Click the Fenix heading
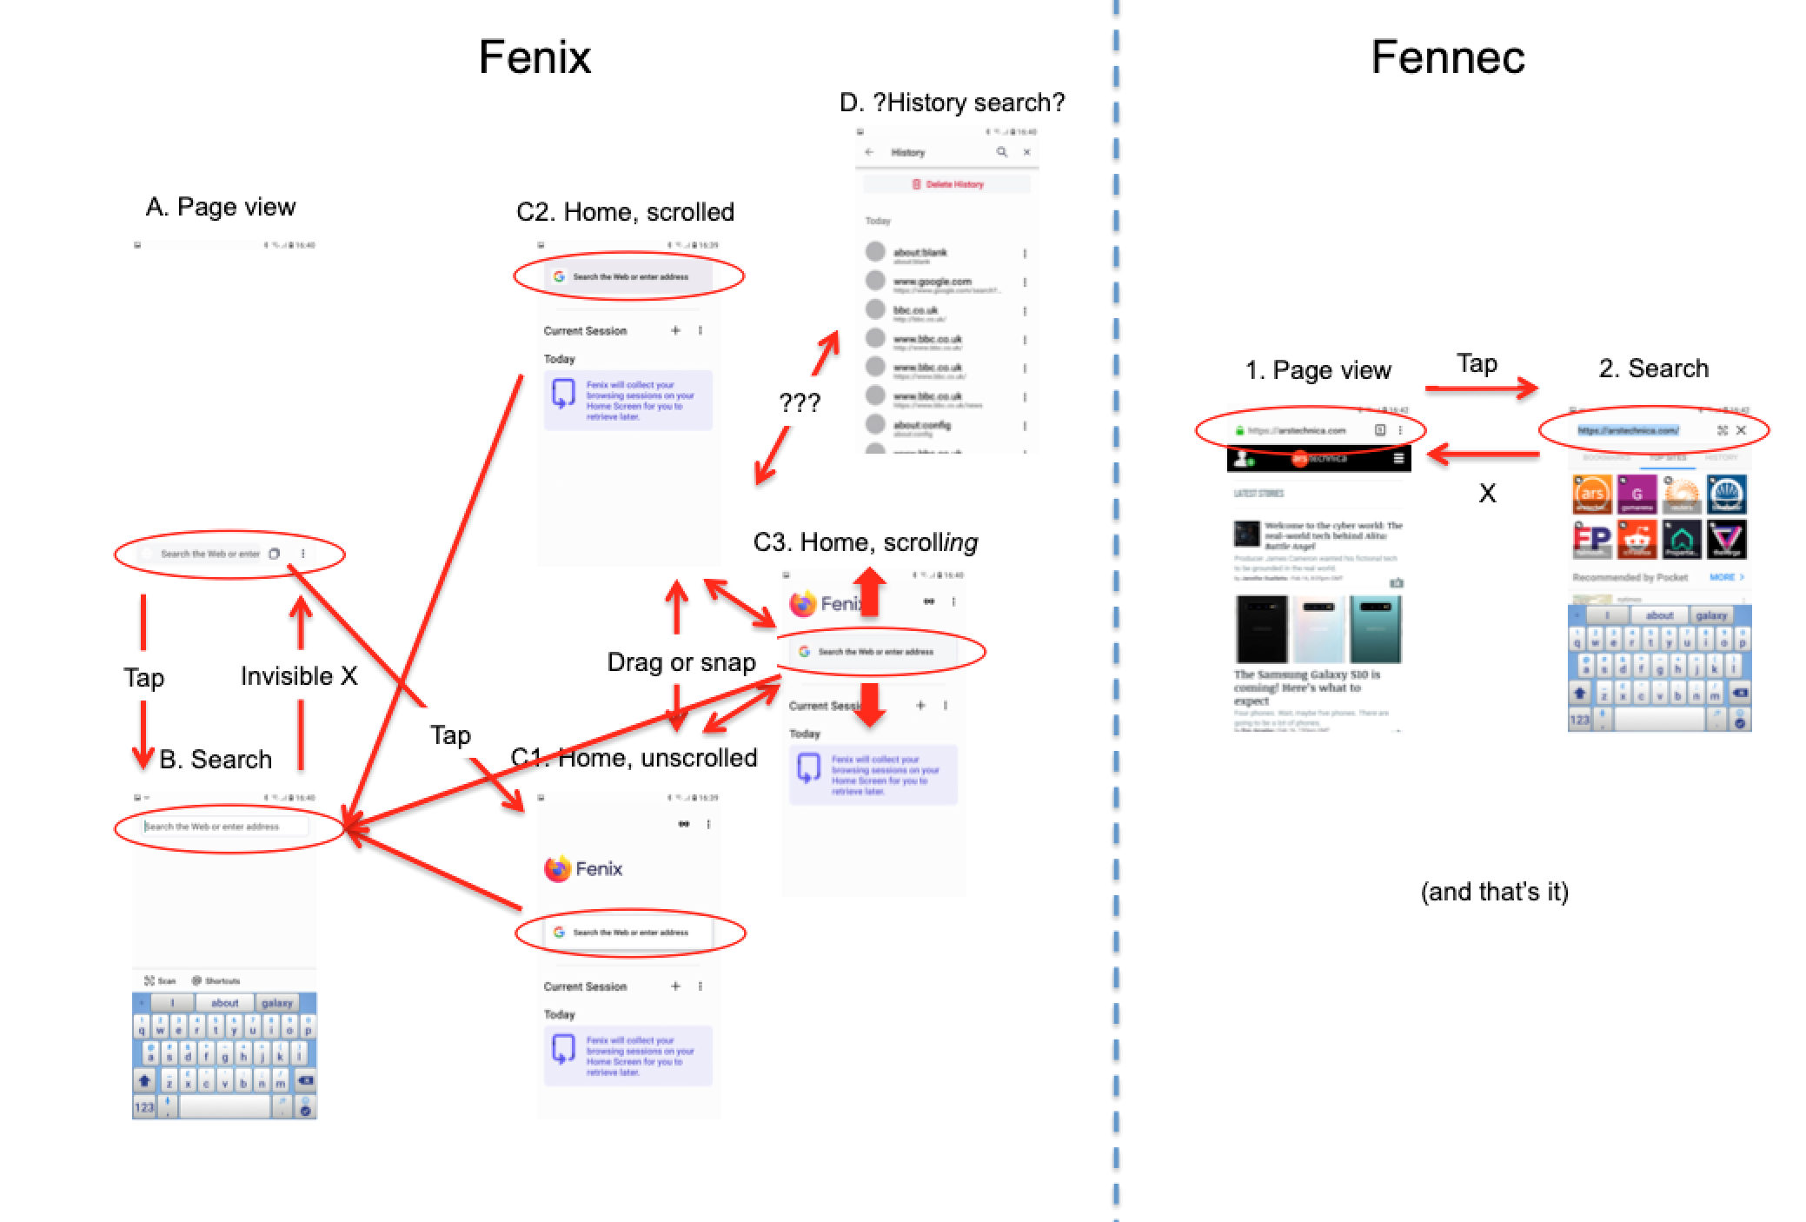point(534,57)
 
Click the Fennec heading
point(1447,57)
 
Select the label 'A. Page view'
point(221,207)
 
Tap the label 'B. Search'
point(216,759)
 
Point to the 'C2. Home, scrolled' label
point(625,212)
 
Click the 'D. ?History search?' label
point(952,103)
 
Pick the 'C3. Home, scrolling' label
point(865,542)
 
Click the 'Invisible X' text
point(298,676)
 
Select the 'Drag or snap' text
point(681,662)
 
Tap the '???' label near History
point(799,402)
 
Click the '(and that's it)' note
point(1494,892)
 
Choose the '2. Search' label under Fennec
point(1653,369)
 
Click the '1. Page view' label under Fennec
point(1318,370)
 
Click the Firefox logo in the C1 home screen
point(557,868)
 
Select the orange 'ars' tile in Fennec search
point(1591,495)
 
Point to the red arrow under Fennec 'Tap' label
point(1481,389)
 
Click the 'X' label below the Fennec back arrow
point(1487,494)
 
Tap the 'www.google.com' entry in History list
point(932,282)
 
